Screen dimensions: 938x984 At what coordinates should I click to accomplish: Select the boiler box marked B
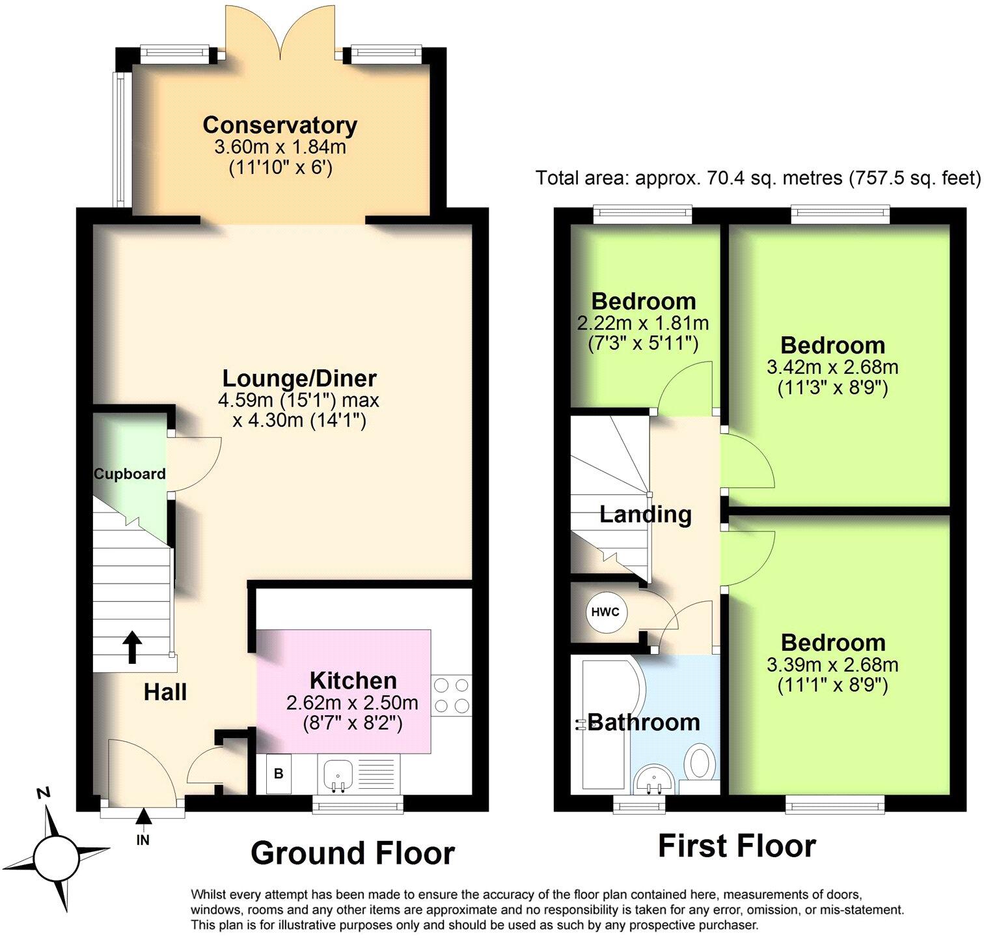[279, 774]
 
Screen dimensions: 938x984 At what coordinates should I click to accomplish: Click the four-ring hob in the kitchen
[452, 695]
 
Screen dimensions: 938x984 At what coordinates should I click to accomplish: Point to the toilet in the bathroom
[702, 762]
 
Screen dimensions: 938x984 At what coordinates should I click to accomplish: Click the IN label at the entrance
[143, 840]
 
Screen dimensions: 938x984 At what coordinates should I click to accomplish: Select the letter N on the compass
[44, 793]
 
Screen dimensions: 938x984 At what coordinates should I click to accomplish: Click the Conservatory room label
[280, 124]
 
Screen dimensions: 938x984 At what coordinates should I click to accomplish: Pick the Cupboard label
[130, 474]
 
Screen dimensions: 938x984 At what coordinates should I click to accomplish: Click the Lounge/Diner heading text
[299, 378]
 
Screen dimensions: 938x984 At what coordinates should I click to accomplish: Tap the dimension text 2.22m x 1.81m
[643, 322]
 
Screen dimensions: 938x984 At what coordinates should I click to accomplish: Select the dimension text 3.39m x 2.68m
[832, 664]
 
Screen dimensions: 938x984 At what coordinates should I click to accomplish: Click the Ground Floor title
[352, 853]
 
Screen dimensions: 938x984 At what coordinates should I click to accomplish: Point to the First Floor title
[737, 846]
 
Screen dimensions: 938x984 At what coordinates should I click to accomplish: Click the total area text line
[758, 177]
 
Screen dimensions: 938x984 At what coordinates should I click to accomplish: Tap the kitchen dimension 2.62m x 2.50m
[352, 703]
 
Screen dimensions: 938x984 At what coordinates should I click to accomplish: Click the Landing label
[645, 514]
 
